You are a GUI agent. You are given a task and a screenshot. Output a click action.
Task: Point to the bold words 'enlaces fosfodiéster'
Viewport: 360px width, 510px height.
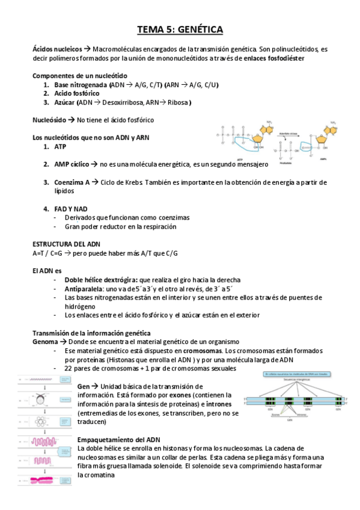(274, 58)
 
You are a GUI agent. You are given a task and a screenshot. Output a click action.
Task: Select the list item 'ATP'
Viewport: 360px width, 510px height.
(61, 146)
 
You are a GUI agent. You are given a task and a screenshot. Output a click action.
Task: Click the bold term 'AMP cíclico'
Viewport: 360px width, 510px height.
(72, 164)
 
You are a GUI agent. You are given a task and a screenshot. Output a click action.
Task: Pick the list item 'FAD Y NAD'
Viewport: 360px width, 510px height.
(71, 209)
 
